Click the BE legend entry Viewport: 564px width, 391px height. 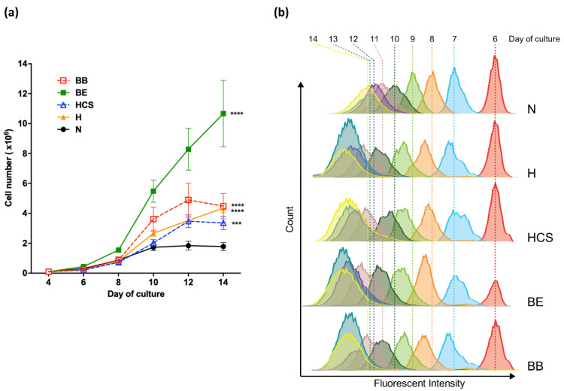pyautogui.click(x=72, y=92)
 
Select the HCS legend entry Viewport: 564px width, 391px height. pyautogui.click(x=75, y=105)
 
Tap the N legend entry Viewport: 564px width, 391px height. pyautogui.click(x=69, y=129)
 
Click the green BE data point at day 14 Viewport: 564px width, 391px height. pyautogui.click(x=223, y=114)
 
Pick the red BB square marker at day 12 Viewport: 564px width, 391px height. pyautogui.click(x=188, y=200)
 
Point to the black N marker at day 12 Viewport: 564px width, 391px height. pyautogui.click(x=188, y=246)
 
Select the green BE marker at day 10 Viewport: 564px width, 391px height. pyautogui.click(x=153, y=191)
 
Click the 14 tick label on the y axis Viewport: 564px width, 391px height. pyautogui.click(x=23, y=64)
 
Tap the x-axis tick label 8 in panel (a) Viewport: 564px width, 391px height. pyautogui.click(x=118, y=283)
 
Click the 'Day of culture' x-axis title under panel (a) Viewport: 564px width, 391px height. pyautogui.click(x=136, y=294)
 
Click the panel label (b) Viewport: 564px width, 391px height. pyautogui.click(x=281, y=13)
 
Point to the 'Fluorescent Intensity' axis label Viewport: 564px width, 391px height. pyautogui.click(x=420, y=383)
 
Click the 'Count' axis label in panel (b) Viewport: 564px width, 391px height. pyautogui.click(x=290, y=219)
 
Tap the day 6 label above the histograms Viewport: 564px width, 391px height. pyautogui.click(x=496, y=39)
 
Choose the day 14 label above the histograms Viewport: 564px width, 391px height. pyautogui.click(x=313, y=39)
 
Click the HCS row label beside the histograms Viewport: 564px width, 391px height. pyautogui.click(x=540, y=238)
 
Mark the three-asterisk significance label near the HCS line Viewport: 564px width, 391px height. pyautogui.click(x=237, y=224)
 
